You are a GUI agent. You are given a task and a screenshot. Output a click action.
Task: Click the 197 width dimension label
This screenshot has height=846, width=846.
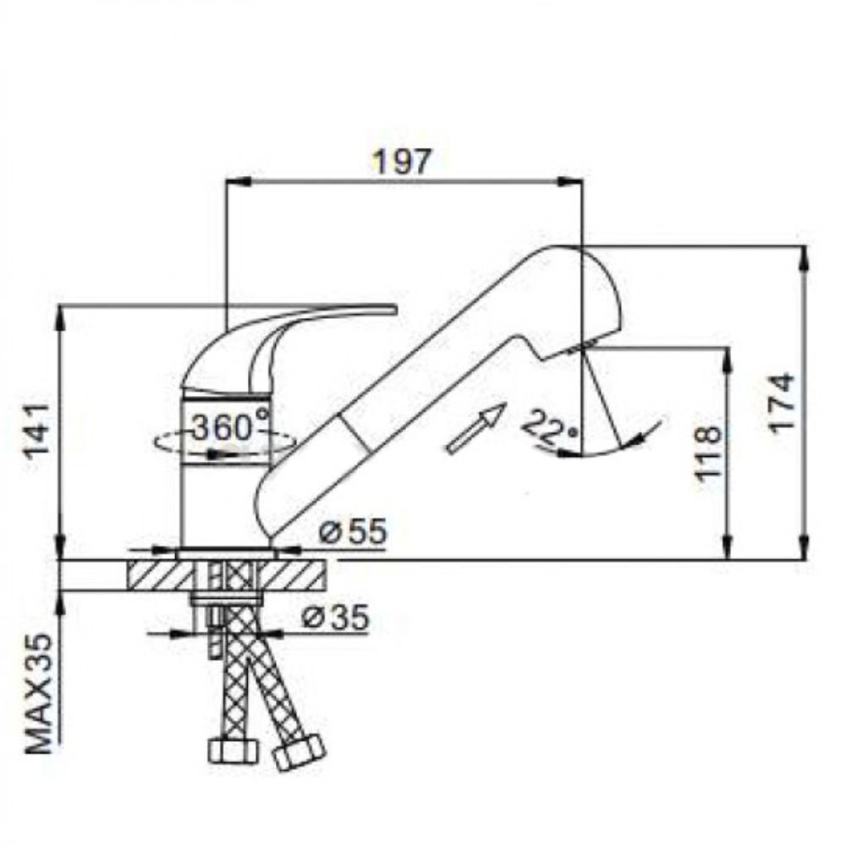click(x=403, y=161)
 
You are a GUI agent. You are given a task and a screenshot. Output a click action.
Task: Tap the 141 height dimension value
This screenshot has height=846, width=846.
click(x=41, y=436)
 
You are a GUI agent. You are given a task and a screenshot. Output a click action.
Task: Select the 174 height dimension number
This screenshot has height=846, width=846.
click(x=782, y=403)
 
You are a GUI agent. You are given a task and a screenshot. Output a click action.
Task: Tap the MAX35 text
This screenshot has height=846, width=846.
click(x=41, y=694)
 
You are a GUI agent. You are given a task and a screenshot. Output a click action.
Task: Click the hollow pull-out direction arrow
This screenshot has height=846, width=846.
click(x=475, y=428)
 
